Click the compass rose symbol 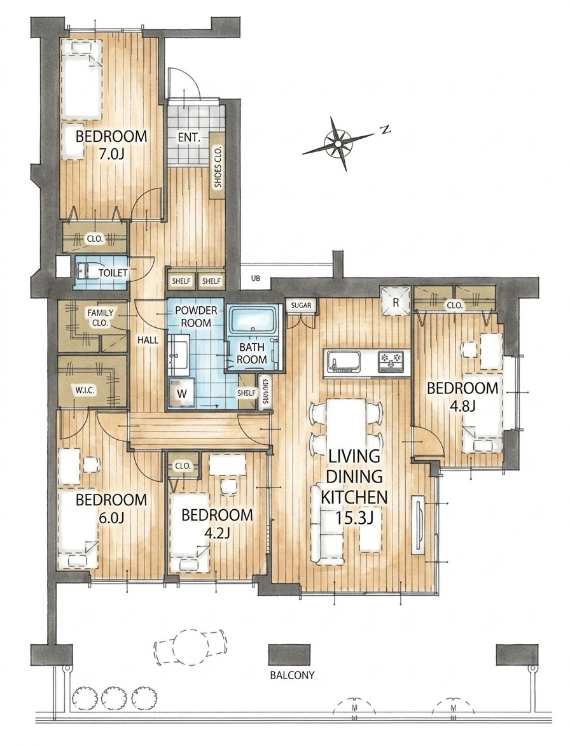[338, 143]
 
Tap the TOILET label [113, 273]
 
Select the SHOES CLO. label [218, 165]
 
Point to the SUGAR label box [301, 305]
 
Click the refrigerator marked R [395, 301]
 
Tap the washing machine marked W [181, 393]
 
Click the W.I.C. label [86, 391]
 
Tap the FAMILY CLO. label [101, 318]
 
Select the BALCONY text [292, 675]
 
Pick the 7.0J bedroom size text [111, 153]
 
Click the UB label [256, 280]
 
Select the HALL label [148, 340]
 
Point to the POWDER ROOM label [197, 317]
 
